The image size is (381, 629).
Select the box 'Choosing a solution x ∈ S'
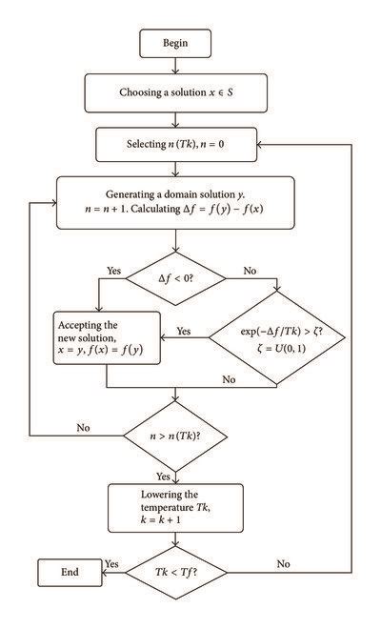[177, 92]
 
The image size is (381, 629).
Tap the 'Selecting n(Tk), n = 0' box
[177, 145]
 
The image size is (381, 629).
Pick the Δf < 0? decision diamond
[177, 279]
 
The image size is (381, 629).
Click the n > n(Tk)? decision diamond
[177, 437]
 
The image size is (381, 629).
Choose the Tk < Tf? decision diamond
[177, 573]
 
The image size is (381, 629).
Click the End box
[69, 573]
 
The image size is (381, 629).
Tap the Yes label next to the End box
[110, 563]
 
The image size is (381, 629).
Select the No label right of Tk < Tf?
[282, 563]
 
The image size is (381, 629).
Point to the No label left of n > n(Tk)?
[85, 428]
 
